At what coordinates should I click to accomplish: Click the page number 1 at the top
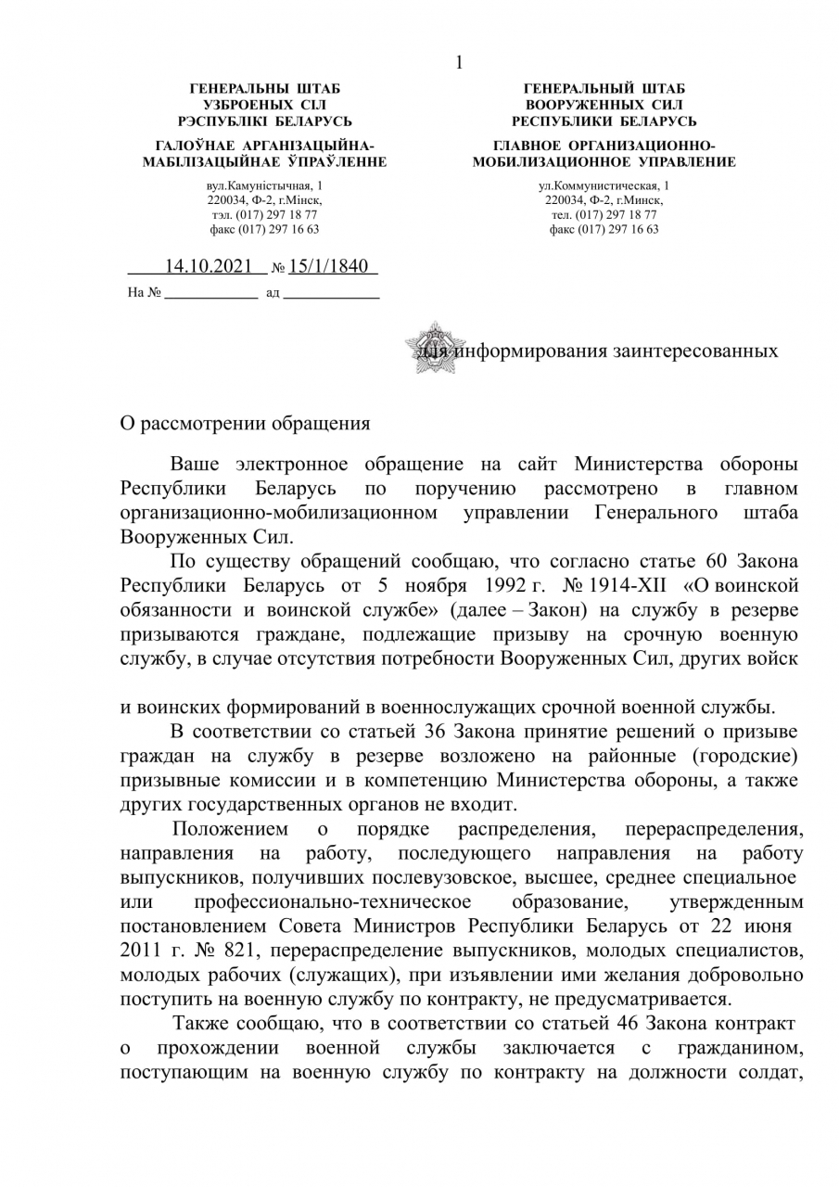[458, 63]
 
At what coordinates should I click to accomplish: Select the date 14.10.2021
[209, 267]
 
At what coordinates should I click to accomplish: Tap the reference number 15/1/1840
[330, 267]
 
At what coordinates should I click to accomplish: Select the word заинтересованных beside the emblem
[694, 352]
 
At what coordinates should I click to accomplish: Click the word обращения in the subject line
[320, 424]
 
